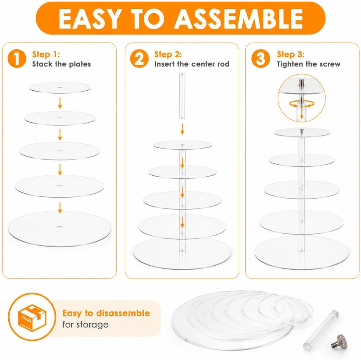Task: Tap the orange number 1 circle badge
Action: coord(17,59)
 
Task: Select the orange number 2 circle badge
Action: coord(139,59)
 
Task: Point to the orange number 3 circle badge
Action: coord(261,59)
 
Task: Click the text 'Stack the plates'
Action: coord(62,64)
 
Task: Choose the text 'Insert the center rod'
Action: coord(192,64)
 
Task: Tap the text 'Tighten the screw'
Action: coord(309,64)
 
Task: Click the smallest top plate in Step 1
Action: coord(60,88)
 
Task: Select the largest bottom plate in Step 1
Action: coord(59,229)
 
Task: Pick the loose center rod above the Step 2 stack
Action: coord(182,96)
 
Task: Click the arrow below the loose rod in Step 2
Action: coord(182,129)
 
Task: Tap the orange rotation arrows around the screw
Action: coord(302,104)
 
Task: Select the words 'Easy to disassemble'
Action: coord(106,313)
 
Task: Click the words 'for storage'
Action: coord(86,325)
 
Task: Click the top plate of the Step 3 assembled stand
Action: coord(302,132)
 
